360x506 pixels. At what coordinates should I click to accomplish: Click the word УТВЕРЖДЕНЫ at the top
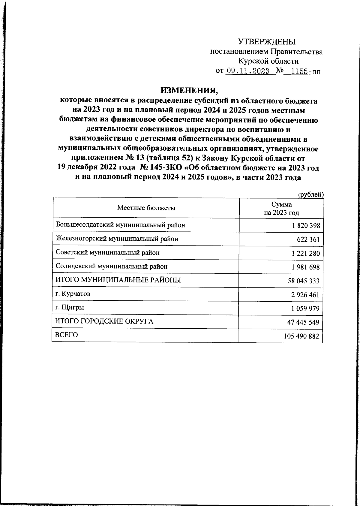pyautogui.click(x=267, y=42)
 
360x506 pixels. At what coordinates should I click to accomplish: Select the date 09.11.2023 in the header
pyautogui.click(x=248, y=71)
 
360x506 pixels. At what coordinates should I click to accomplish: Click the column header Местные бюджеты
pyautogui.click(x=146, y=208)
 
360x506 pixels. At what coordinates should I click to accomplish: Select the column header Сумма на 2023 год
pyautogui.click(x=281, y=209)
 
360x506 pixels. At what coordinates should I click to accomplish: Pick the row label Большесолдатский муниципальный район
pyautogui.click(x=121, y=225)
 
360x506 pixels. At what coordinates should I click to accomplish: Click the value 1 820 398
pyautogui.click(x=306, y=226)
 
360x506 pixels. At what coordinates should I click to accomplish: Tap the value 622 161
pyautogui.click(x=309, y=239)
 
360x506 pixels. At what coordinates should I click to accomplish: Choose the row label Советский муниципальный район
pyautogui.click(x=108, y=253)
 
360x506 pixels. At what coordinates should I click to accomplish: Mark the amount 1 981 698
pyautogui.click(x=306, y=267)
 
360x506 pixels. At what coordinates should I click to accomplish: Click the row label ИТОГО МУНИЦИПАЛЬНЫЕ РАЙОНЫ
pyautogui.click(x=118, y=280)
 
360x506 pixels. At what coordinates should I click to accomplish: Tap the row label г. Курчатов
pyautogui.click(x=73, y=294)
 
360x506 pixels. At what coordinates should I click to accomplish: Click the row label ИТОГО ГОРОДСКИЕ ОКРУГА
pyautogui.click(x=104, y=322)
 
